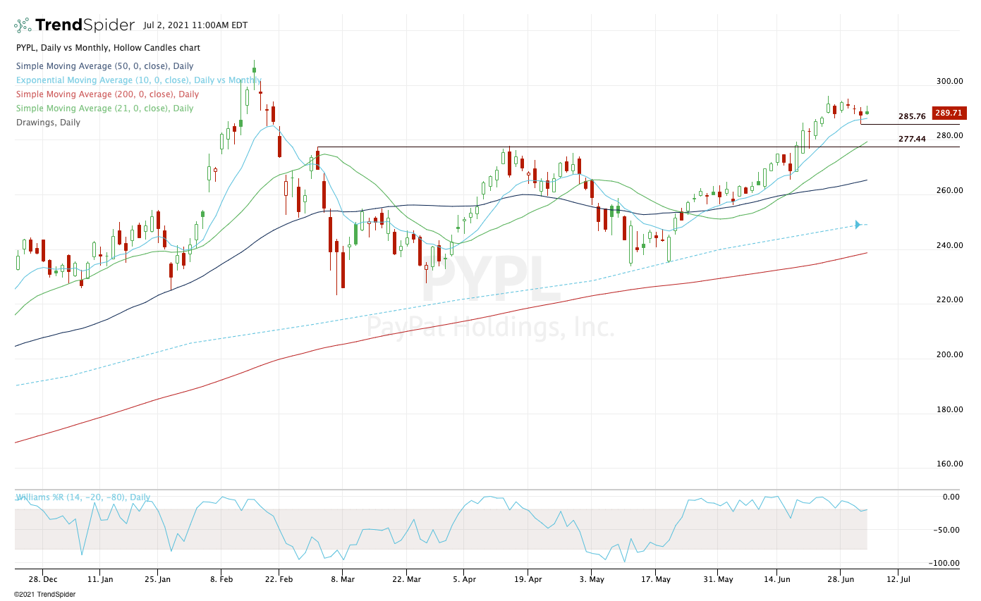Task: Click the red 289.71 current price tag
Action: (x=949, y=113)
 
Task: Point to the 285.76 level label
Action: (x=912, y=116)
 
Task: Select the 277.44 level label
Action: (x=912, y=139)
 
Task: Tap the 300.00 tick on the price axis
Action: (x=949, y=81)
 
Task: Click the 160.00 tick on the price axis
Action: (x=949, y=464)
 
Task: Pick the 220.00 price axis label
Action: (x=949, y=299)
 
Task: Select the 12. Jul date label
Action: (x=898, y=579)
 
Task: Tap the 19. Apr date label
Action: (x=528, y=579)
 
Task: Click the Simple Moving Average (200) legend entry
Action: (x=107, y=94)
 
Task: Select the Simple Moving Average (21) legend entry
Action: (x=104, y=109)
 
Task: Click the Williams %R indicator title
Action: (x=83, y=497)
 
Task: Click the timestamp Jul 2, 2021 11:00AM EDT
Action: (x=195, y=25)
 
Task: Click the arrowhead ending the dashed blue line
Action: (x=858, y=225)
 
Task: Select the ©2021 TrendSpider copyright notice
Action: (x=44, y=594)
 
